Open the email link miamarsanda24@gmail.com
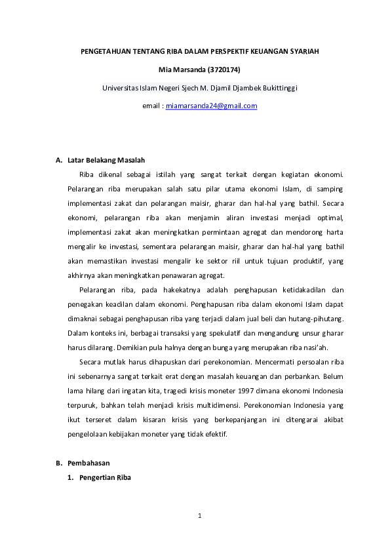[211, 105]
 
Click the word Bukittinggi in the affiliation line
[279, 87]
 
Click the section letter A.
[58, 160]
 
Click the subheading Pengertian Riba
[105, 478]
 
